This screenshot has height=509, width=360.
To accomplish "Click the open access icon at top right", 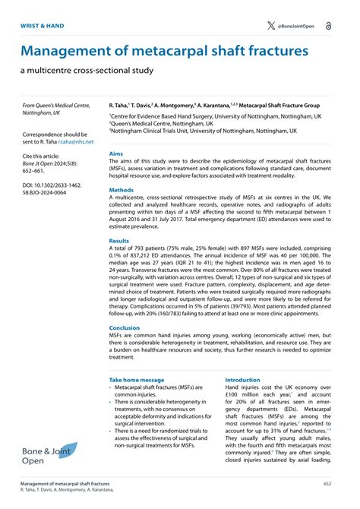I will pyautogui.click(x=327, y=26).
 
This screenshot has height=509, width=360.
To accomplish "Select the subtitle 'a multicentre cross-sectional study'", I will pyautogui.click(x=87, y=71).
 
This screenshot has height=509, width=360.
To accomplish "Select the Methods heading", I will pyautogui.click(x=122, y=190).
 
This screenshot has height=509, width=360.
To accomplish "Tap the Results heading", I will pyautogui.click(x=119, y=241).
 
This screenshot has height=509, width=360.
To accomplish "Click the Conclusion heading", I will pyautogui.click(x=125, y=328).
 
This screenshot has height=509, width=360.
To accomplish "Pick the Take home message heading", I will pyautogui.click(x=136, y=379).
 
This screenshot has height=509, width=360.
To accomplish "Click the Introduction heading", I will pyautogui.click(x=242, y=379).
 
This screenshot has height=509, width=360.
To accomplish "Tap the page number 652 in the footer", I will pyautogui.click(x=327, y=483).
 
